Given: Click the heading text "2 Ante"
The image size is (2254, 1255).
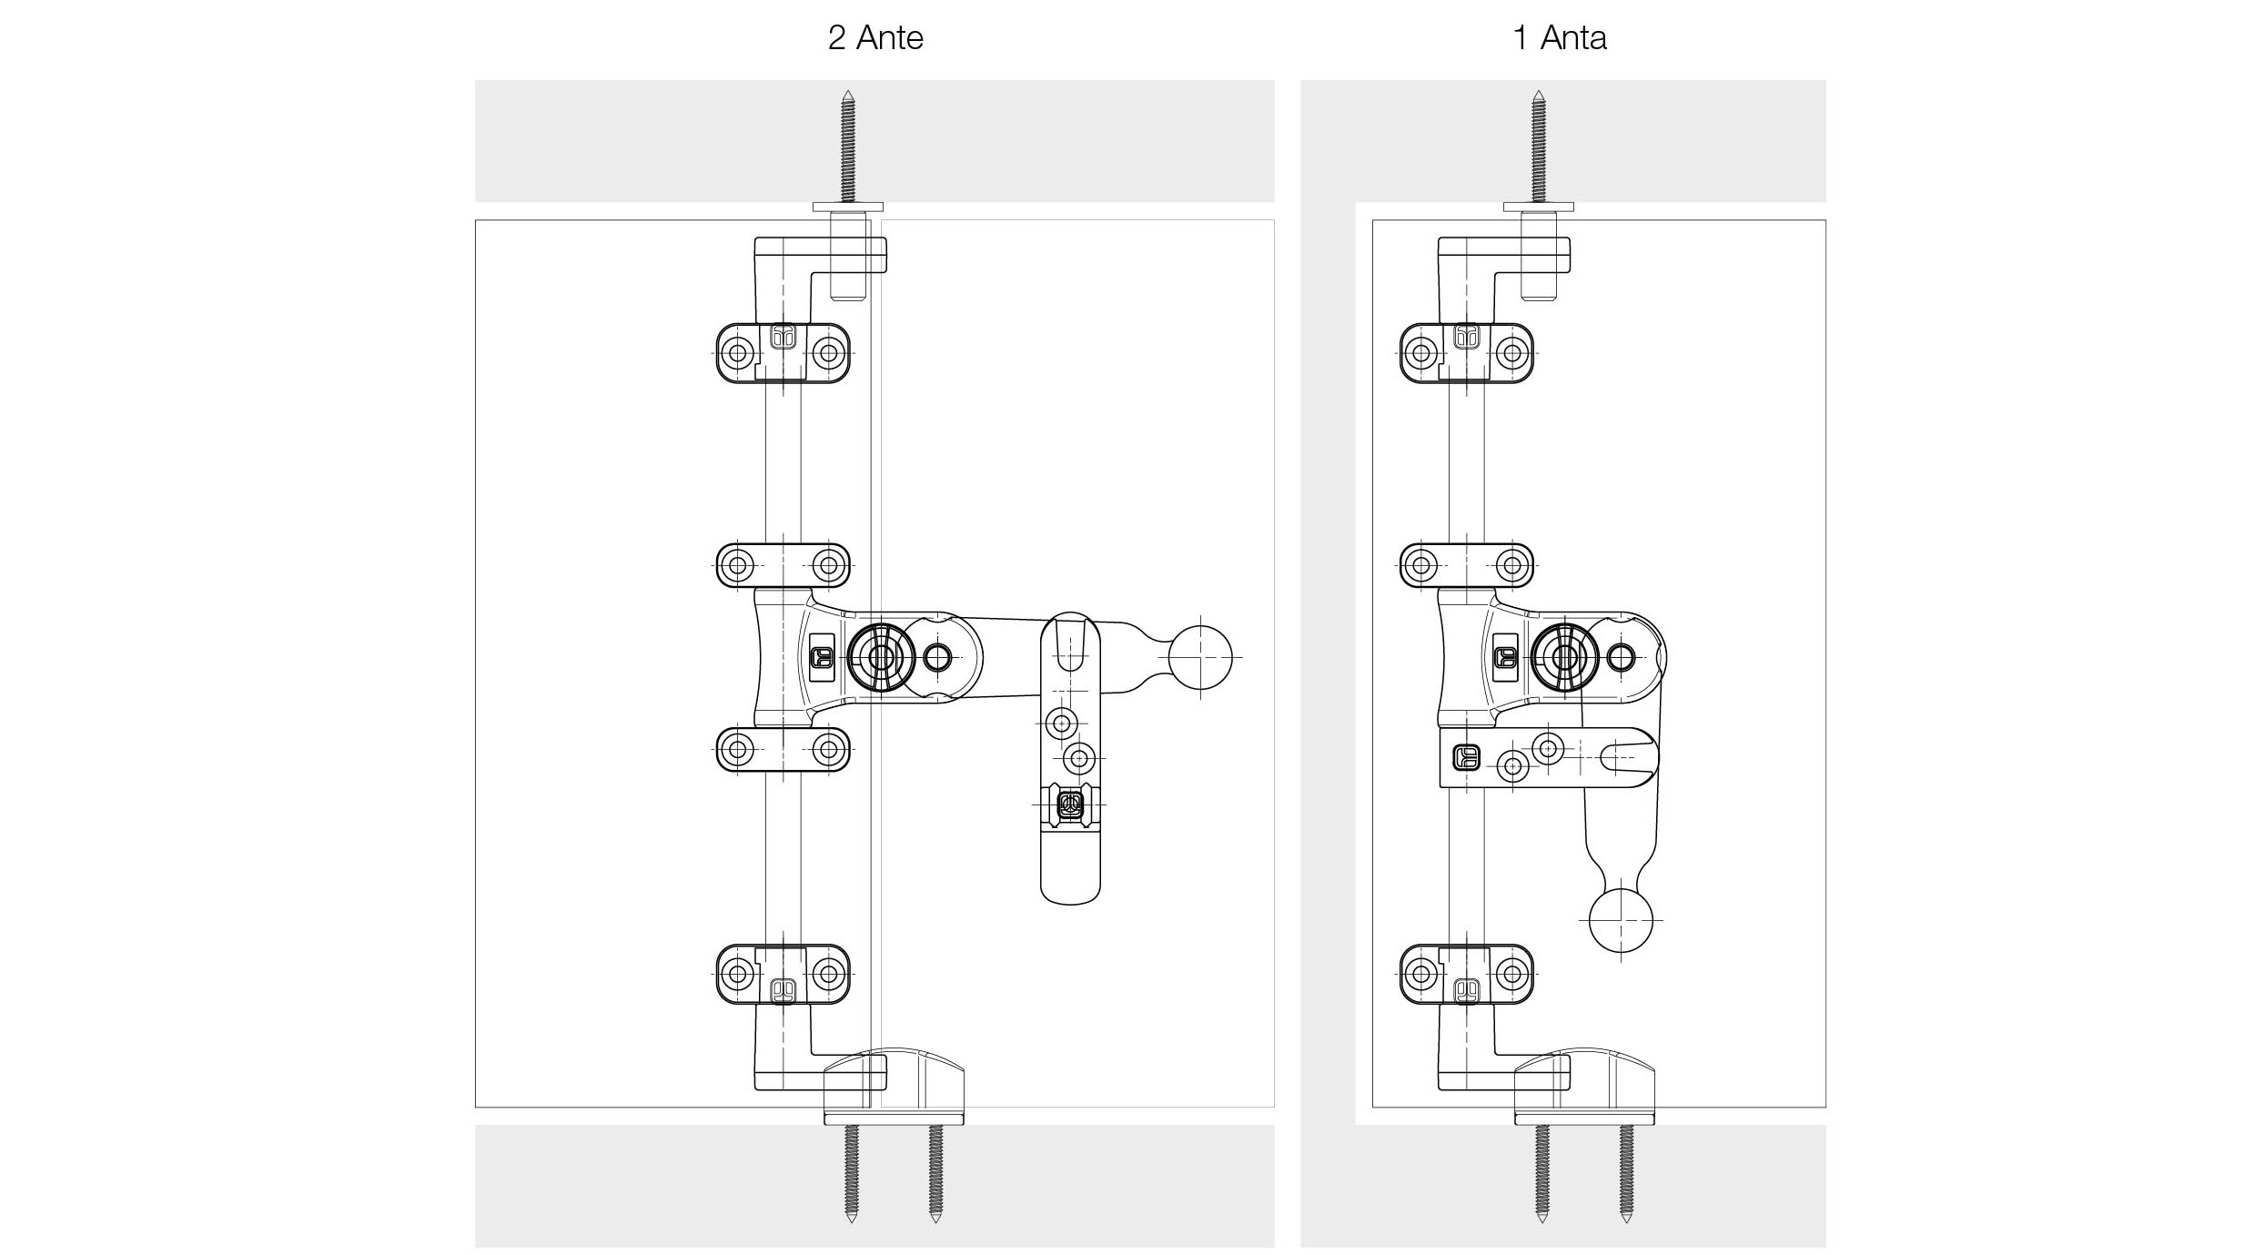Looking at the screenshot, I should pyautogui.click(x=875, y=38).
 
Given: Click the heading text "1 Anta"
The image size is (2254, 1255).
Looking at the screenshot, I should pyautogui.click(x=1560, y=38).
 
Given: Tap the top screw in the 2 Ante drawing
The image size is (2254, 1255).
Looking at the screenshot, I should pyautogui.click(x=848, y=146).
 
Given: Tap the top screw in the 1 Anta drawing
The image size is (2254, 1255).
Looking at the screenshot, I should pyautogui.click(x=1539, y=146).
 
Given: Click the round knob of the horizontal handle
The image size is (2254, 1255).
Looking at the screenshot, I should pyautogui.click(x=1200, y=656).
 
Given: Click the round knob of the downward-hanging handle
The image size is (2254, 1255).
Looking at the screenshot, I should pyautogui.click(x=1621, y=920).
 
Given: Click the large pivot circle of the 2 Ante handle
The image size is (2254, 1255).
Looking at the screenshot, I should pyautogui.click(x=881, y=656).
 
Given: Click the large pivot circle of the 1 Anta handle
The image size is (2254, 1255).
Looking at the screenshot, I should pyautogui.click(x=1565, y=656).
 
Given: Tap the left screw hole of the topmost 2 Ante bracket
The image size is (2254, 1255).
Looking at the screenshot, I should pyautogui.click(x=738, y=352).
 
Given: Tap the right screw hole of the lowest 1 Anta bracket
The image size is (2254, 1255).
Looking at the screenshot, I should pyautogui.click(x=1512, y=974).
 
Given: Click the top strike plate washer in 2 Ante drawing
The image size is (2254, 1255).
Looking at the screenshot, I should pyautogui.click(x=848, y=207).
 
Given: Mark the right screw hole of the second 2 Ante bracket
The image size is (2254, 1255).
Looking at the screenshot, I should pyautogui.click(x=828, y=565).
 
